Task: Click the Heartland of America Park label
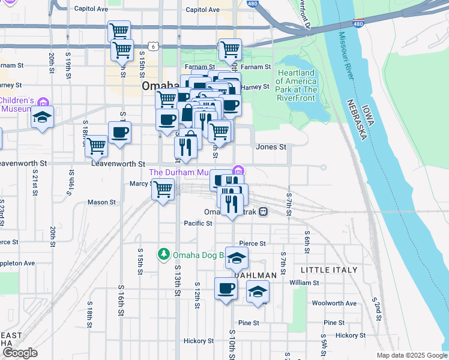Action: pos(297,85)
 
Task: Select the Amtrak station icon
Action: pos(264,212)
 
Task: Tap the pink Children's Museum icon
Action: pos(43,103)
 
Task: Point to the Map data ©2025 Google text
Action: pos(412,355)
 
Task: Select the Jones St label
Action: pos(271,146)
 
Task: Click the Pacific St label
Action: pos(198,223)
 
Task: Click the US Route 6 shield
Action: pos(154,46)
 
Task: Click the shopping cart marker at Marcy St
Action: pos(163,190)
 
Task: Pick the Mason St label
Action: pos(101,203)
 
